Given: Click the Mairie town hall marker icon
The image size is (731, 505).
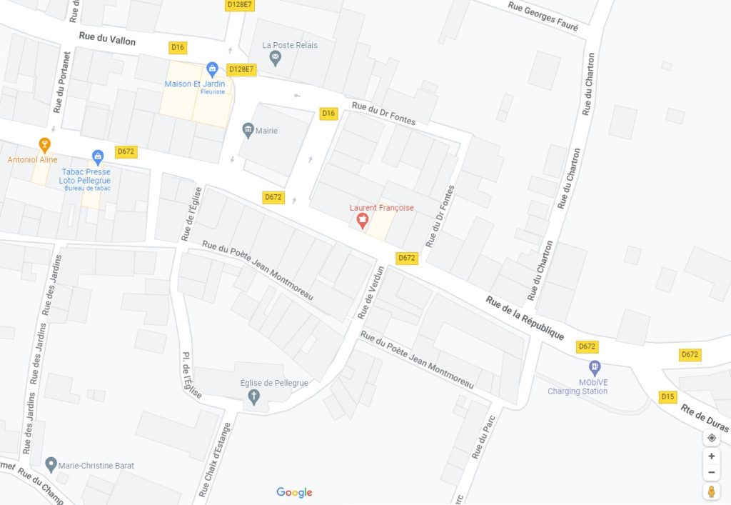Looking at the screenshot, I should coord(248,129).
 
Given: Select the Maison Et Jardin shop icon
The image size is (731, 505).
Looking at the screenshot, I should coord(211,69).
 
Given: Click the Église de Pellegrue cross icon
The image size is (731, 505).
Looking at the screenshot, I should coord(254,397).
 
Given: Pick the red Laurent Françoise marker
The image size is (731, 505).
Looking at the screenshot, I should coord(362,221).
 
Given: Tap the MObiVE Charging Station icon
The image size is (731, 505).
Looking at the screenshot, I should coord(595,368).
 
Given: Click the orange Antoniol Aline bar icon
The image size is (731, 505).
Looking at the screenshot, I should coord(45,146).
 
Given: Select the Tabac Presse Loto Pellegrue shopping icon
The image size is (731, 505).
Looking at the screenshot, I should coord(98,156).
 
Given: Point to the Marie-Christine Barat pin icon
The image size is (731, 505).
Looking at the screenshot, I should coord(51,465).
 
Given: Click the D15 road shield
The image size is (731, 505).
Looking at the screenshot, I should coord(667,397).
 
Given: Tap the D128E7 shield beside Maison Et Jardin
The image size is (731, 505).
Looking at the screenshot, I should coord(241,69).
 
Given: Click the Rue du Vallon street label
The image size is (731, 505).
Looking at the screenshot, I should coord(107,39).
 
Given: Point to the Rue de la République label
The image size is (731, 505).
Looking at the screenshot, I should coord(525,317).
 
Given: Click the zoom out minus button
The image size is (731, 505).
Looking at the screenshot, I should coord(711,472).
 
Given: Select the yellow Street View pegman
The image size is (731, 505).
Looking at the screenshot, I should coord(711,491).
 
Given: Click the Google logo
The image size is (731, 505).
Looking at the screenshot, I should coord(294,492).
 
